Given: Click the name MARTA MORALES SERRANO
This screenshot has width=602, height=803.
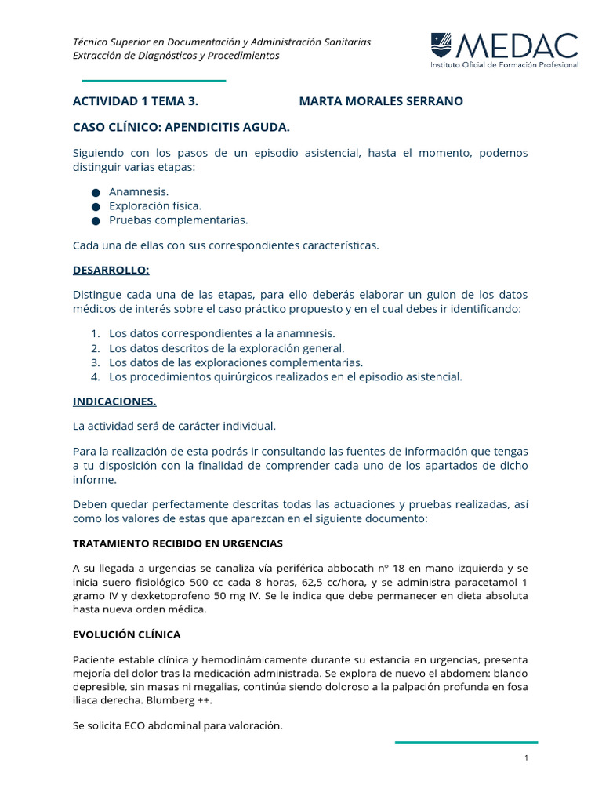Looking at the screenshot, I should [x=381, y=101].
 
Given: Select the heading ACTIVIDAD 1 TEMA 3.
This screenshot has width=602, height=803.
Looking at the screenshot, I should [x=135, y=101].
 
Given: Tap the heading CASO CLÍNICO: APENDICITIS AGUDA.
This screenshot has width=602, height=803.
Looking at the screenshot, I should [x=181, y=126].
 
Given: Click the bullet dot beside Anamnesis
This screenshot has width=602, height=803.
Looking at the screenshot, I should [x=96, y=192].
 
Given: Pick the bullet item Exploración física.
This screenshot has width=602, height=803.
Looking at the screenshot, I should [x=155, y=205].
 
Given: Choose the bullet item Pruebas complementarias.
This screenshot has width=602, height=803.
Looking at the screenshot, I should [x=178, y=220].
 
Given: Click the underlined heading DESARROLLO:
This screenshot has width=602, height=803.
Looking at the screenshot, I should [x=111, y=271].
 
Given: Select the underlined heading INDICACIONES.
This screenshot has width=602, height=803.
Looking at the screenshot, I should [x=114, y=401].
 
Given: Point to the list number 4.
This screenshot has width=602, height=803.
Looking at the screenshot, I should [x=95, y=377].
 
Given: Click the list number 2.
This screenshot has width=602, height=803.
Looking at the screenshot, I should [x=95, y=348].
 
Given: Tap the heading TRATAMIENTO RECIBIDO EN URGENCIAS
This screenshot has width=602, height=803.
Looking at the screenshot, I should [x=178, y=543].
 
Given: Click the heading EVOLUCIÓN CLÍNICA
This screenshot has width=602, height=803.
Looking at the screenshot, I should [x=126, y=634].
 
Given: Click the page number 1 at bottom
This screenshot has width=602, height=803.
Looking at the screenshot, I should [x=527, y=758].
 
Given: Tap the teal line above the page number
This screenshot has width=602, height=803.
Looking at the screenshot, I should [x=466, y=742].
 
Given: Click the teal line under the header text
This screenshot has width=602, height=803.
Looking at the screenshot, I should [x=154, y=81].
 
